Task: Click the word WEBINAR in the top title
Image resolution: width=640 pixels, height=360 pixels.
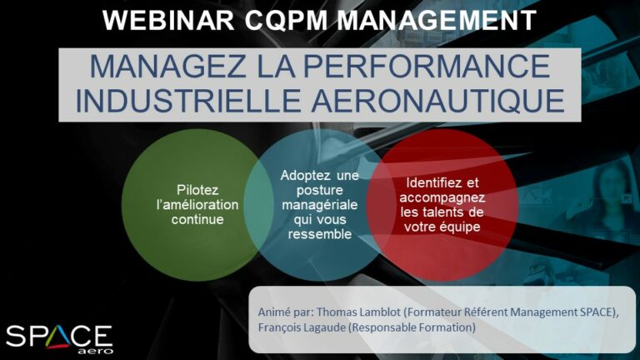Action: (x=168, y=20)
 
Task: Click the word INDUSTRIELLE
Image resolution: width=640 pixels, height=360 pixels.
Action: (x=187, y=100)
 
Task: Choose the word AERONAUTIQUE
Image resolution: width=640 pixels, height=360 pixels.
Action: (x=438, y=100)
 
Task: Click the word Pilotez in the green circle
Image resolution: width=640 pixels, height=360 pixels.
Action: (x=197, y=190)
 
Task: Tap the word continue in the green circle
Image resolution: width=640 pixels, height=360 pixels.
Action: (x=197, y=219)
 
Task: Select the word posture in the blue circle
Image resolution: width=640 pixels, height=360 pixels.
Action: (x=320, y=191)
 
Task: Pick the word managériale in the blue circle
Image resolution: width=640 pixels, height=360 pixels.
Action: (x=320, y=204)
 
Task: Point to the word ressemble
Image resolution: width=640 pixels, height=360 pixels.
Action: (x=320, y=234)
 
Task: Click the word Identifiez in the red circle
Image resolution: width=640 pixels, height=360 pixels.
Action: (x=434, y=182)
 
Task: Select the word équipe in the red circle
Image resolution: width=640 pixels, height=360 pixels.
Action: (x=460, y=227)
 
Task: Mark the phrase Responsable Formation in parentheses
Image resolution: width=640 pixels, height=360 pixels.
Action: (x=412, y=327)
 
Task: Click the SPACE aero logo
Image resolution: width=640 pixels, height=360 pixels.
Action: (x=59, y=339)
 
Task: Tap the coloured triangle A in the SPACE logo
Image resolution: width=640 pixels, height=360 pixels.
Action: (x=57, y=337)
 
